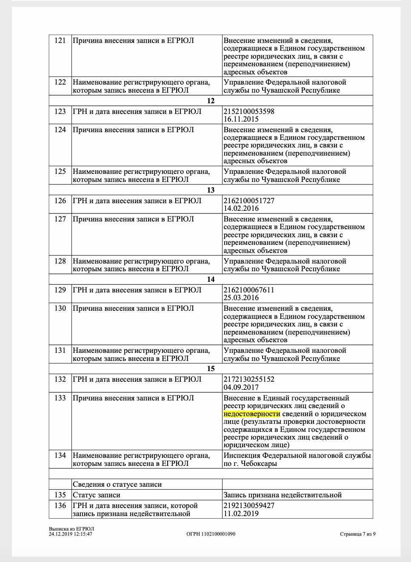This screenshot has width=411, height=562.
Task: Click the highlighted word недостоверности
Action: coord(252,414)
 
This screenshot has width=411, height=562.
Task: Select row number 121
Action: coord(60,40)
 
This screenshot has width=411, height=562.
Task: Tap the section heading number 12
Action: coord(211,101)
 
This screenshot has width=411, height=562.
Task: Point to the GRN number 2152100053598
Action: coord(249,111)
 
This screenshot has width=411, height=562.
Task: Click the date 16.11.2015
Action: coord(241,119)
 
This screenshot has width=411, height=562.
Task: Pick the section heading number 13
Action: coord(211,190)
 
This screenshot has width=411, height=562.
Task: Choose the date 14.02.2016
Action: coord(241,209)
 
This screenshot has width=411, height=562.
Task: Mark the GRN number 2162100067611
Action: coord(249,290)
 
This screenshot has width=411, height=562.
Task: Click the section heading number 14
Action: coord(211,279)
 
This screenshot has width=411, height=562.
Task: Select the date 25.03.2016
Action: coord(241,298)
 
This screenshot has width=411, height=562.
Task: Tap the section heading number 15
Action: coord(211,369)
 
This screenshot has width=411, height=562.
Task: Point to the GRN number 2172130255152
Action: coord(249,379)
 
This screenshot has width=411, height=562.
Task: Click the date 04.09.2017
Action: coord(241,387)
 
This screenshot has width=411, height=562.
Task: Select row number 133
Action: coord(60,398)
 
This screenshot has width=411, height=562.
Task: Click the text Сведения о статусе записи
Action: coord(117,484)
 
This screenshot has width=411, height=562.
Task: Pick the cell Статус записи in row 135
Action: coord(97,495)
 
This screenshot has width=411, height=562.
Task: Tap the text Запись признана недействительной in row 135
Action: coord(283,495)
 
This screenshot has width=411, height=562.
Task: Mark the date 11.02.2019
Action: coord(241,514)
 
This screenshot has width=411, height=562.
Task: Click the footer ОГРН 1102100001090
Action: coord(211,534)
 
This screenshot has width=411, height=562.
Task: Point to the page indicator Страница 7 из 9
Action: coord(357,534)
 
